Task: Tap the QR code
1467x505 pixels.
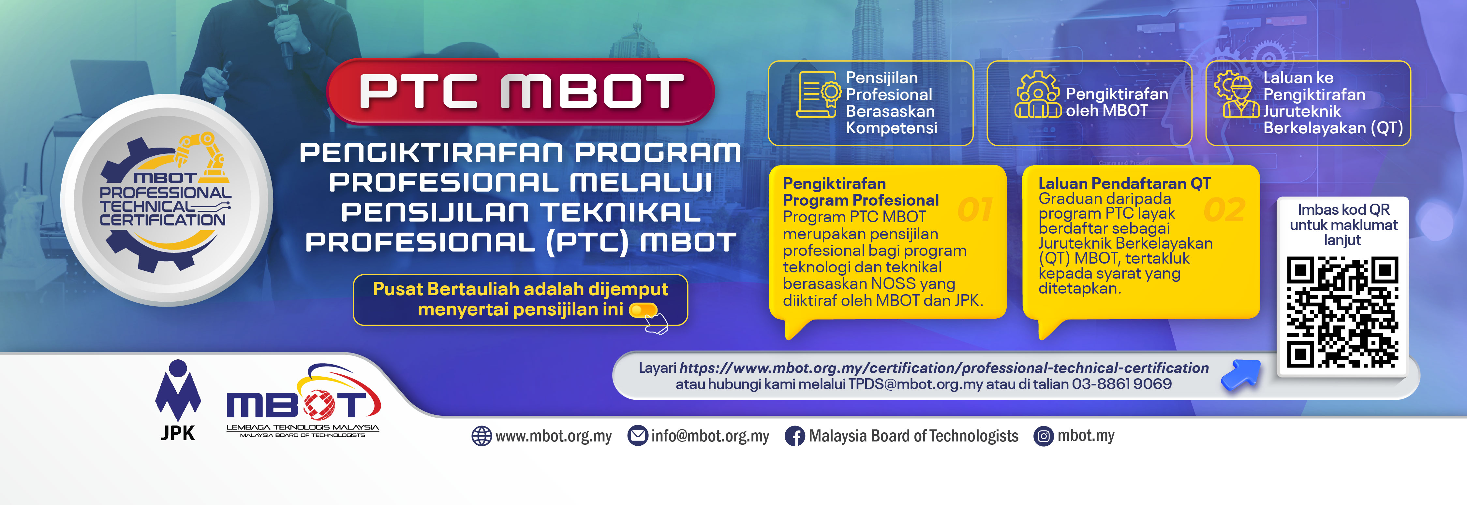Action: [x=1342, y=312]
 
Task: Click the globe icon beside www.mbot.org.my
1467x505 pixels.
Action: [x=481, y=436]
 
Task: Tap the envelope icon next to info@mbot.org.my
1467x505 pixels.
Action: [x=637, y=436]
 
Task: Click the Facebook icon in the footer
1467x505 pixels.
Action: [x=794, y=436]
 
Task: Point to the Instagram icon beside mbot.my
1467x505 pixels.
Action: [x=1043, y=436]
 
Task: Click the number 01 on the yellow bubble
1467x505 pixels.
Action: [x=975, y=209]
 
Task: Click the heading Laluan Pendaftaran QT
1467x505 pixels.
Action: [x=1124, y=183]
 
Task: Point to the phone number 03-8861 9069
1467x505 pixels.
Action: [x=1121, y=384]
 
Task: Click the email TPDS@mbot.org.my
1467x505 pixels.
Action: [x=915, y=384]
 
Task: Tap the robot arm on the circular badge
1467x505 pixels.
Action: [x=202, y=151]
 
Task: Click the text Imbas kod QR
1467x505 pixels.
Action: [x=1343, y=209]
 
